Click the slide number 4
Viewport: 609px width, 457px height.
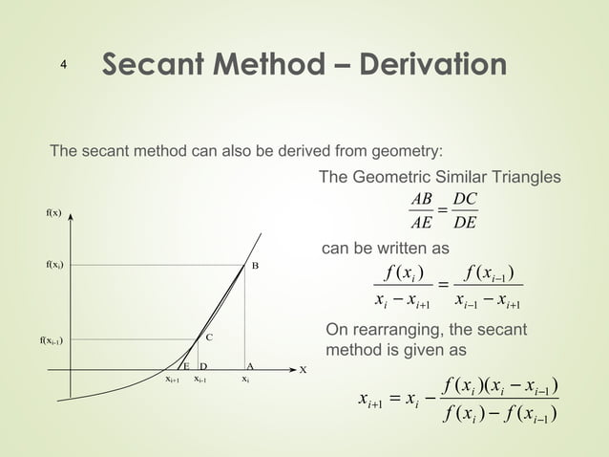click(x=62, y=65)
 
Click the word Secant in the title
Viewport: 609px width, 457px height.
click(x=155, y=65)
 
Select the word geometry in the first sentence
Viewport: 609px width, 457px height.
click(x=407, y=150)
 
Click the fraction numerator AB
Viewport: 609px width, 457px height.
click(x=420, y=198)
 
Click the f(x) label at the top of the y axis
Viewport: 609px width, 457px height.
click(x=54, y=212)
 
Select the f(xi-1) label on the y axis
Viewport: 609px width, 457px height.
click(x=52, y=339)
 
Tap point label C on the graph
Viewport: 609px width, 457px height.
click(x=208, y=337)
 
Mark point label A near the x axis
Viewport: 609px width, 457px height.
click(x=249, y=366)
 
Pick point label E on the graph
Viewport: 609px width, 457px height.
click(x=187, y=366)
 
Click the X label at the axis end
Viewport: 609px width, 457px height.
click(x=303, y=370)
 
